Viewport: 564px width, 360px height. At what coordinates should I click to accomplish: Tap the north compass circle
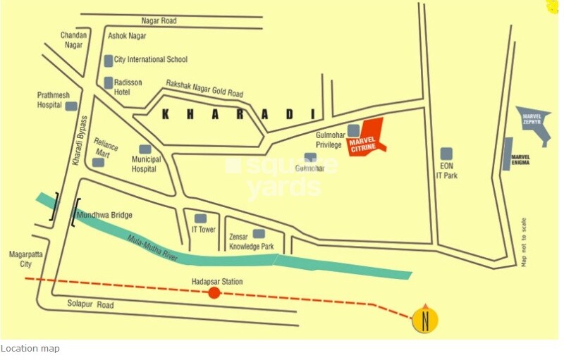point(425,319)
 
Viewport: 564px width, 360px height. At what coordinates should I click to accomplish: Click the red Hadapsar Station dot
point(214,293)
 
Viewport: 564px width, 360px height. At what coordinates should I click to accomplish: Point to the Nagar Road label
point(159,21)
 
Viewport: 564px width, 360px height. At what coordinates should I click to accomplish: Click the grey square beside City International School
point(109,61)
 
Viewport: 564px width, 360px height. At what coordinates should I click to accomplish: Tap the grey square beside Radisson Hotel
point(109,83)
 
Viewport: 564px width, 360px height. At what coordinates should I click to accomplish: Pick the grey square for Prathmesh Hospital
point(70,106)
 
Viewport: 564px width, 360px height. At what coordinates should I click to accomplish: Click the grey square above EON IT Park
point(446,154)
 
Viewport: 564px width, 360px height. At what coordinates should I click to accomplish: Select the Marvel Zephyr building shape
point(535,122)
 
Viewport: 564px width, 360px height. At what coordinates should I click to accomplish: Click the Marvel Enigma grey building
point(507,154)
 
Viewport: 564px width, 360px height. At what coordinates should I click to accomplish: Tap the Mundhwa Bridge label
point(104,215)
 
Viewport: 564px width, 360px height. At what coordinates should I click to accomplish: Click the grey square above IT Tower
point(201,218)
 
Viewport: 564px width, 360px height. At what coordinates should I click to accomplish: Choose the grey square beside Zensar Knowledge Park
point(259,233)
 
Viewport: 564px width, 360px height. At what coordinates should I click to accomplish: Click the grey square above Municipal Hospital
point(145,149)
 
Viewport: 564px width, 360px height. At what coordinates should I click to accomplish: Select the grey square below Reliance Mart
point(98,162)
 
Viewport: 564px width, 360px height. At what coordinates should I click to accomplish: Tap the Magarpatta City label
point(21,259)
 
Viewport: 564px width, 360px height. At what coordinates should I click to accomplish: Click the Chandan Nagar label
point(73,39)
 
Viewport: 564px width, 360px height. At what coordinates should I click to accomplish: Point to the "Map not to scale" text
point(524,242)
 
